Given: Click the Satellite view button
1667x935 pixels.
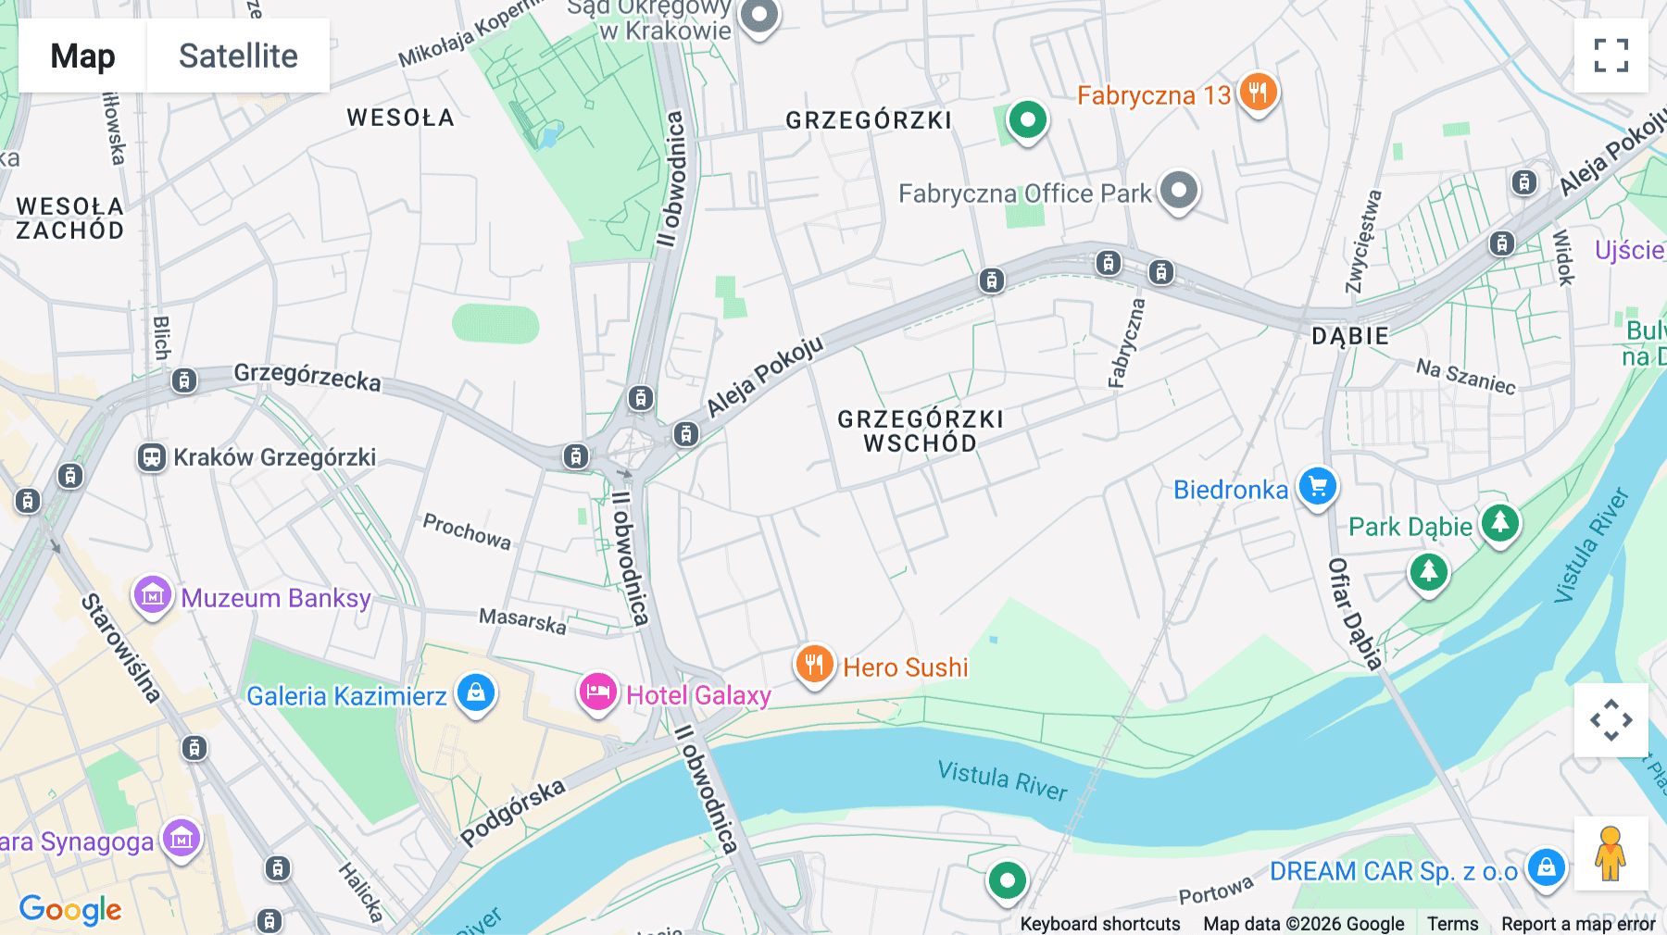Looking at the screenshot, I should (x=238, y=56).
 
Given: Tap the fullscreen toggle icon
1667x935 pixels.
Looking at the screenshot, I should (x=1611, y=56).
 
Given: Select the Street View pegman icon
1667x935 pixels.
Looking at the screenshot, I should (x=1611, y=853).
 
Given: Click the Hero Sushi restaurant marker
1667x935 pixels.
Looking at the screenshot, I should (x=814, y=665).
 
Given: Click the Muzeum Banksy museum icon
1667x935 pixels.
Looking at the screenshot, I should (x=153, y=596).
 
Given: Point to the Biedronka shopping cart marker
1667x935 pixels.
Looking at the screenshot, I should (x=1317, y=487).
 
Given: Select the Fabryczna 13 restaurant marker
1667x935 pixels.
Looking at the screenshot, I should (x=1257, y=93).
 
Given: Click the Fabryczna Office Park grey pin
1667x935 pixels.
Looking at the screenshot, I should (x=1178, y=192).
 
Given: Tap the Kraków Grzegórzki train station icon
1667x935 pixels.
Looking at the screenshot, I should (x=152, y=457).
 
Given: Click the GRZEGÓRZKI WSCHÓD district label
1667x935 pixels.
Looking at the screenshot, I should (x=921, y=431).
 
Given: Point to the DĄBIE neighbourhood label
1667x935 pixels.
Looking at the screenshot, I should (x=1349, y=336).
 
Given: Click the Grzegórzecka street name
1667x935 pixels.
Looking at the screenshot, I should (x=307, y=377).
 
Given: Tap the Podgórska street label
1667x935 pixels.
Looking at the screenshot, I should (x=512, y=812).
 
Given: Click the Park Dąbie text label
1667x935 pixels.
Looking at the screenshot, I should (x=1410, y=527).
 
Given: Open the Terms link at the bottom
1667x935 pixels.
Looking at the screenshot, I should (x=1452, y=923).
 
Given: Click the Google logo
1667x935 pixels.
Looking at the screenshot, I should (x=70, y=909).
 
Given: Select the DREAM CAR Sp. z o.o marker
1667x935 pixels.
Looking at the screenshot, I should (x=1546, y=868).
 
